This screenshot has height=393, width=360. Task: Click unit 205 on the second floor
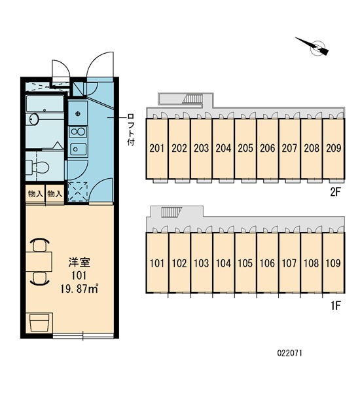245,148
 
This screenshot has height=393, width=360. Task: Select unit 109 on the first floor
333,264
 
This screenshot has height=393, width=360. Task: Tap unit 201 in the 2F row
156,148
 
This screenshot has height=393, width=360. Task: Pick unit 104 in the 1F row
223,264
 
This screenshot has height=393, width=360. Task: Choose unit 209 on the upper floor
333,148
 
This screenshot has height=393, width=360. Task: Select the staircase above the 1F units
170,213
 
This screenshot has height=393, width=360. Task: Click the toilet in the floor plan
37,165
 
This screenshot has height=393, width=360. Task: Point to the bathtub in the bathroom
45,105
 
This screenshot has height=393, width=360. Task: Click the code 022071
288,352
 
